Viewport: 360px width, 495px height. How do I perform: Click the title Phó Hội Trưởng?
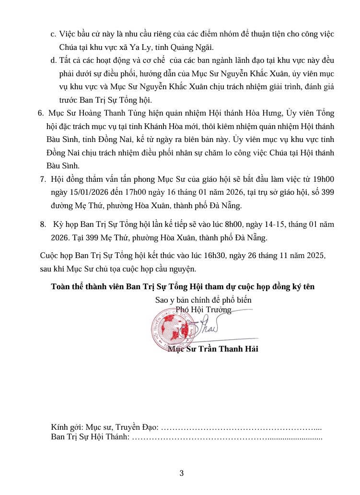203,310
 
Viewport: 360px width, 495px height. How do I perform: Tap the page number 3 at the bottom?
182,473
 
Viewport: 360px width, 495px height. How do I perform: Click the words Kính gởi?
65,427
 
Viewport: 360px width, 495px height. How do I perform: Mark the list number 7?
43,180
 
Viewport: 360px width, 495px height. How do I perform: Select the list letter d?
53,60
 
